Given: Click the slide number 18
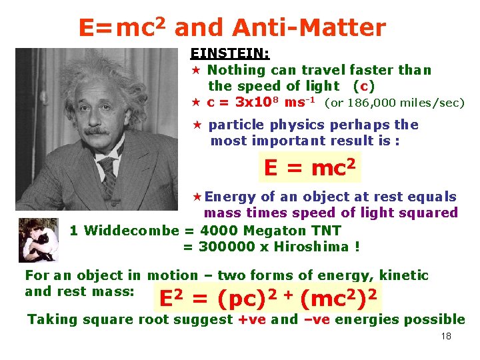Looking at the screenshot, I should pyautogui.click(x=446, y=336).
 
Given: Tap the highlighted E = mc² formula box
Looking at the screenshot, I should pyautogui.click(x=309, y=167).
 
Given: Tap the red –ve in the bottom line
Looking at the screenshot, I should pyautogui.click(x=317, y=319).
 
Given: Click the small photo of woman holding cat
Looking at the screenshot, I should pyautogui.click(x=39, y=239).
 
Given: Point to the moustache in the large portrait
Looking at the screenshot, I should pyautogui.click(x=97, y=131).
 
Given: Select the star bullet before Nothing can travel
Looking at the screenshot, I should pyautogui.click(x=196, y=70).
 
